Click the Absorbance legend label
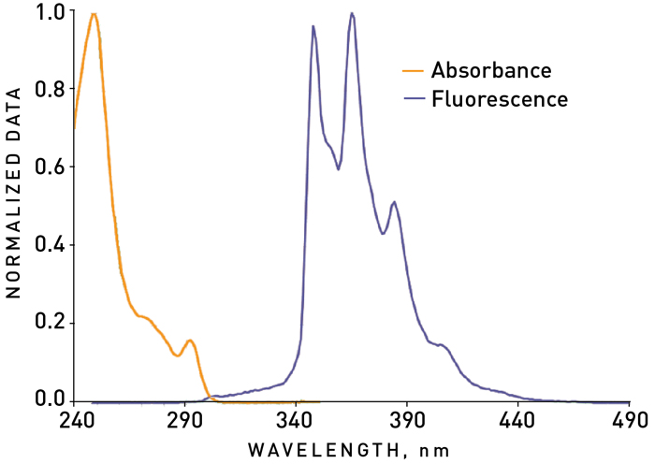coord(491,70)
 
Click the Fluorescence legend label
coord(500,98)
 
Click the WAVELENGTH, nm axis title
coord(349,450)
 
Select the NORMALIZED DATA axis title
coord(13,202)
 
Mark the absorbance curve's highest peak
coord(93,14)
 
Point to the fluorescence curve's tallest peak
coord(351,13)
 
